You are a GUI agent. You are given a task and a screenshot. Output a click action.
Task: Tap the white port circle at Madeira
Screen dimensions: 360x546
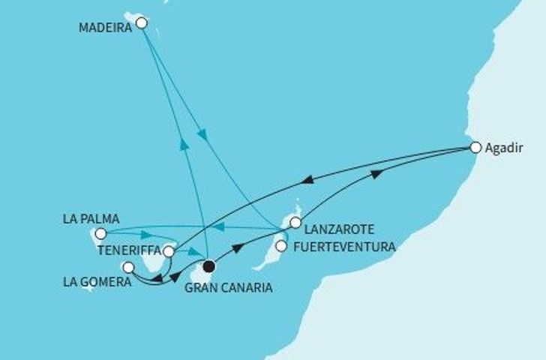[x=141, y=23]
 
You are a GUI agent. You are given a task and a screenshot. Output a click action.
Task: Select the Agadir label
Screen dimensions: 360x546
[x=502, y=148]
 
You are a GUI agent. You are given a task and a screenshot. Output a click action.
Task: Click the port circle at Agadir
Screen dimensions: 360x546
[x=474, y=148]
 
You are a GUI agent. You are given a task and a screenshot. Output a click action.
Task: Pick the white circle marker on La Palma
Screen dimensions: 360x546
[x=100, y=233]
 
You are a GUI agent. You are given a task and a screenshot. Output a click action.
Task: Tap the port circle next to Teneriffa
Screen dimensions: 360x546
[x=169, y=252]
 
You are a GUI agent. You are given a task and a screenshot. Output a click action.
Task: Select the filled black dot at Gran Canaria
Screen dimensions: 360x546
[x=209, y=265]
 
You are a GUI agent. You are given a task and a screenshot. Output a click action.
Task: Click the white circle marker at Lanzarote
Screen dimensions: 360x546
[x=296, y=222]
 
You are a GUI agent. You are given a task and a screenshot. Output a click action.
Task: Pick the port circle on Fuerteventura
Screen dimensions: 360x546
[x=281, y=245]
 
